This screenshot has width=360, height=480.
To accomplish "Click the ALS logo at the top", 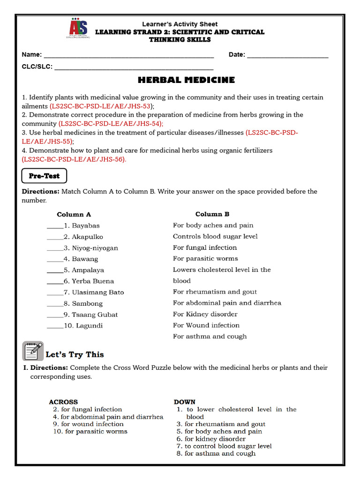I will tap(78, 30).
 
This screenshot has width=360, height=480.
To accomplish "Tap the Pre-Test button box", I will tap(45, 176).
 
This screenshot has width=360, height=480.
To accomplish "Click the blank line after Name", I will tap(128, 55).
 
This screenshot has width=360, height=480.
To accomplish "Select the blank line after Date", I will tap(287, 55).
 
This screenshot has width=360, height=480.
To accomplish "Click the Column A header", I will tap(74, 214).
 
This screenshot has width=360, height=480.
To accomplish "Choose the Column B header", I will tap(212, 214).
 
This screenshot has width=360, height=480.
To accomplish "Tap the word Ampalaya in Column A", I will tap(88, 270).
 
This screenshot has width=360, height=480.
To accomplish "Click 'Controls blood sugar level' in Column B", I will tap(215, 236).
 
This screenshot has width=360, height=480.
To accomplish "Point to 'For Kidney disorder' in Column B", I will tap(205, 314).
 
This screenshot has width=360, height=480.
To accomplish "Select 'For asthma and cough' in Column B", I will tap(210, 336).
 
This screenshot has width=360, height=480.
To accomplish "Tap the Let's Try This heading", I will tap(75, 354).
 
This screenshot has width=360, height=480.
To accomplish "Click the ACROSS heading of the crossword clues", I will tap(63, 402).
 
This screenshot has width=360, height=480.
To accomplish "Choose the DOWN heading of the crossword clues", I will tap(184, 402).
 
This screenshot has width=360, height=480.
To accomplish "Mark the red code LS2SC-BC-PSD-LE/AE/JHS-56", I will tap(74, 159).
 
